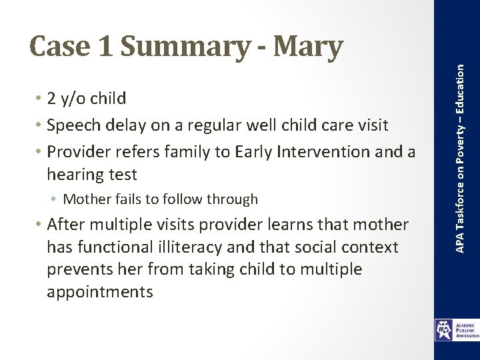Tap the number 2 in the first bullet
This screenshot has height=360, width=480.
coord(51,99)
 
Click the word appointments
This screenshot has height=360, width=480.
coord(100,291)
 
